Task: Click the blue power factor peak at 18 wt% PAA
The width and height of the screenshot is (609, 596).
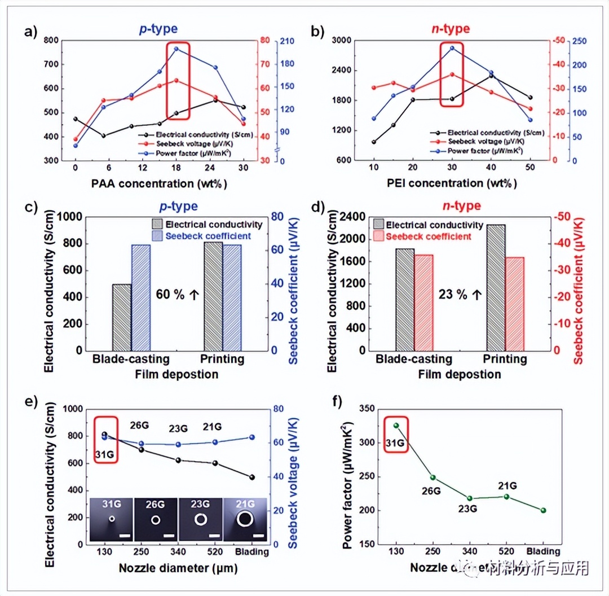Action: point(176,49)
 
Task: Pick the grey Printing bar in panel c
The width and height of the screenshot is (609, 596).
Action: point(214,296)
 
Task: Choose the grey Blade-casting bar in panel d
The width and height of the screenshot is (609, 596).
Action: point(405,299)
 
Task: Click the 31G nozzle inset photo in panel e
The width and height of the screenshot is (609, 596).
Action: point(112,519)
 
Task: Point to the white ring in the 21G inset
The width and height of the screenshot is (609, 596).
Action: point(245,519)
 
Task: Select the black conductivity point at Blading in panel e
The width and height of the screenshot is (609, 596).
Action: point(251,477)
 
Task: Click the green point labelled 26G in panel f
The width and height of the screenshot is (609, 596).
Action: point(433,477)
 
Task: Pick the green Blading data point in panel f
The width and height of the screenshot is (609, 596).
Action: point(544,510)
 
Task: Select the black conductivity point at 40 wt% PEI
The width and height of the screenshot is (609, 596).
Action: point(491,75)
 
